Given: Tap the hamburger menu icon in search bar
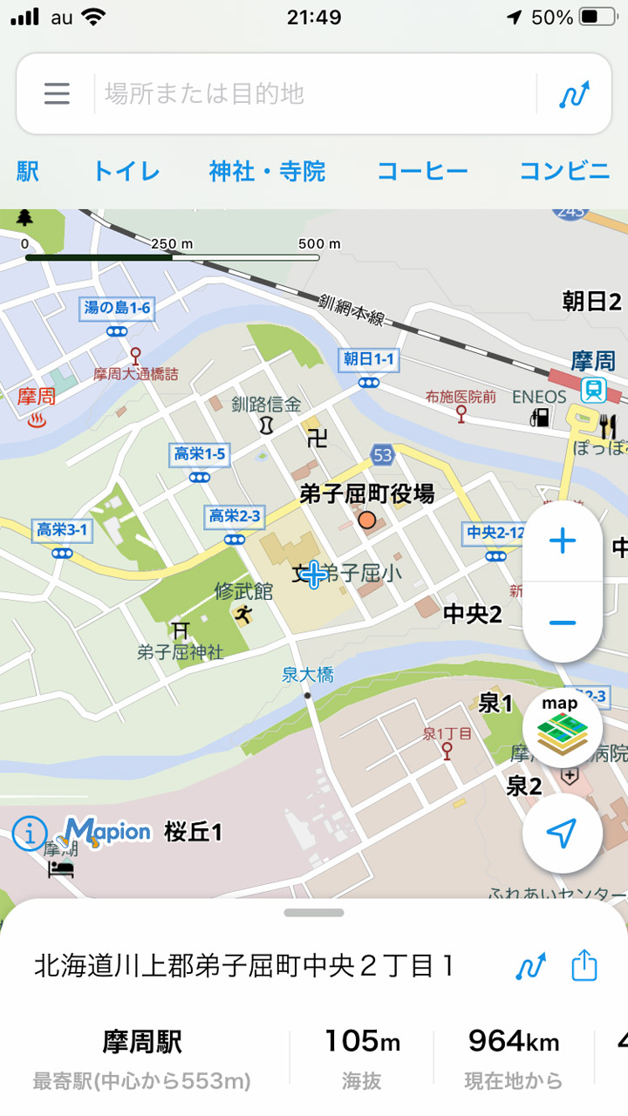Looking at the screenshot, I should [x=57, y=93].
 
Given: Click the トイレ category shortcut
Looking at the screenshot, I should [x=126, y=171].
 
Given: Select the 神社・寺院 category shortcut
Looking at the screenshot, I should [x=267, y=171].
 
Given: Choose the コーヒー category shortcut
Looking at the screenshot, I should [x=422, y=171].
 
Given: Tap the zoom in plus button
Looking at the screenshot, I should [x=563, y=541].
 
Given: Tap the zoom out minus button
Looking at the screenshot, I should [x=563, y=622].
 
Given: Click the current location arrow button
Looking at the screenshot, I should [x=562, y=834].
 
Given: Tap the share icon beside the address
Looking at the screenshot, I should [x=584, y=966].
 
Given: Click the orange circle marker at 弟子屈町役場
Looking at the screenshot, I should [x=367, y=521].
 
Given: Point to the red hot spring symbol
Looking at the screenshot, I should [x=38, y=420].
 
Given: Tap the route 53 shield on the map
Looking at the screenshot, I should [x=382, y=454].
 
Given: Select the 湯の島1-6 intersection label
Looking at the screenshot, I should [x=116, y=308].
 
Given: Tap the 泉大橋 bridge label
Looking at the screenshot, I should [x=307, y=674].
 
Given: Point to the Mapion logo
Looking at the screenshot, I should [x=107, y=832].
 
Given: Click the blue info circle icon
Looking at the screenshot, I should [x=29, y=834].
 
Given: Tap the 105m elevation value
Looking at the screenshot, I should [x=362, y=1041].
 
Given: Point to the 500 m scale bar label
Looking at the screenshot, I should [x=319, y=244].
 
